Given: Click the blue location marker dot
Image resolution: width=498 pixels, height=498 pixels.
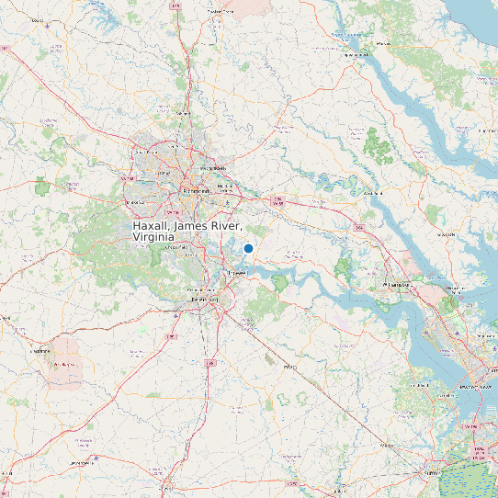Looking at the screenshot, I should [248, 248].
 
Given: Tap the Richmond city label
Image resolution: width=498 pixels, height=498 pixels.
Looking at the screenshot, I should [197, 190].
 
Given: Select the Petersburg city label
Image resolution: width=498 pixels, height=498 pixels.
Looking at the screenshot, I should [205, 300].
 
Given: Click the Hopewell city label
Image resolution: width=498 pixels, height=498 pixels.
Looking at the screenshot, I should [238, 274].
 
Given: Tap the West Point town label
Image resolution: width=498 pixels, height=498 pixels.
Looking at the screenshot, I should [372, 194].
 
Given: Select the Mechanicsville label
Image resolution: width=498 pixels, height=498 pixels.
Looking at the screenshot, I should [214, 169].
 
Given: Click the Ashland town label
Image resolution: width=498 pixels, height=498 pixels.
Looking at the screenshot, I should [182, 114].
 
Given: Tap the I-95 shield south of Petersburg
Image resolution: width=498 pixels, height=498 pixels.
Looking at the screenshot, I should [209, 364].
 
